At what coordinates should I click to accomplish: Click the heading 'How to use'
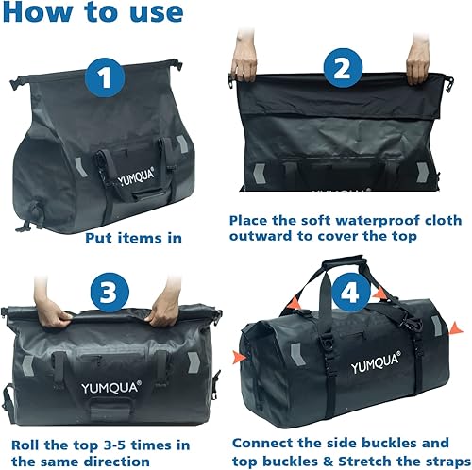(x=93, y=13)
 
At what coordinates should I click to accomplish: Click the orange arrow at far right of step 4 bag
(x=458, y=327)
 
